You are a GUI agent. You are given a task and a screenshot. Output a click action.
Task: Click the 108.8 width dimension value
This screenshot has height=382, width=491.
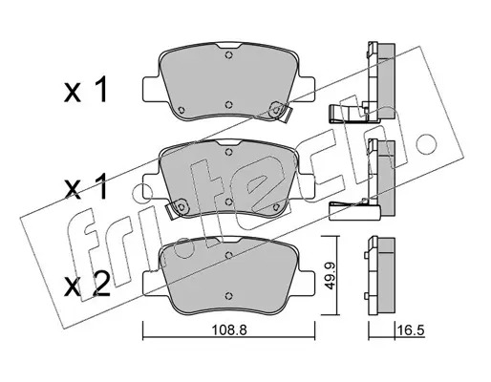click(x=229, y=330)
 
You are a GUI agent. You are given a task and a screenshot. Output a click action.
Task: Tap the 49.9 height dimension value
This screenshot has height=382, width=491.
click(x=331, y=275)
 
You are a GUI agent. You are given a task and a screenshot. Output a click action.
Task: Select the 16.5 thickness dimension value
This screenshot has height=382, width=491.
click(x=411, y=330)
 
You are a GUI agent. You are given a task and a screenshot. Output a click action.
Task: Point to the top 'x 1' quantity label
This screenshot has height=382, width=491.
click(x=85, y=91)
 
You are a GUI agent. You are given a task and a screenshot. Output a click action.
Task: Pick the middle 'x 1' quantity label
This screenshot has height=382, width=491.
click(x=85, y=188)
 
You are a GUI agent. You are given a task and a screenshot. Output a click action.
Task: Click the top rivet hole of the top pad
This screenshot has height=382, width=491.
click(x=228, y=54)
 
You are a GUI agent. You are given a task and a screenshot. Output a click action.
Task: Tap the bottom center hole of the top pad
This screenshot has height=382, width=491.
click(x=228, y=104)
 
